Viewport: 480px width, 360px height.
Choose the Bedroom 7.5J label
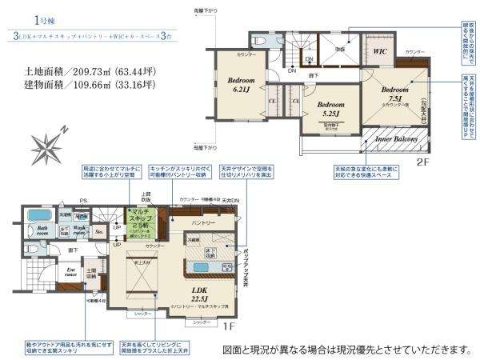click(x=396, y=94)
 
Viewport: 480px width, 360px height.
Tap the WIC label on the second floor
click(x=381, y=51)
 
